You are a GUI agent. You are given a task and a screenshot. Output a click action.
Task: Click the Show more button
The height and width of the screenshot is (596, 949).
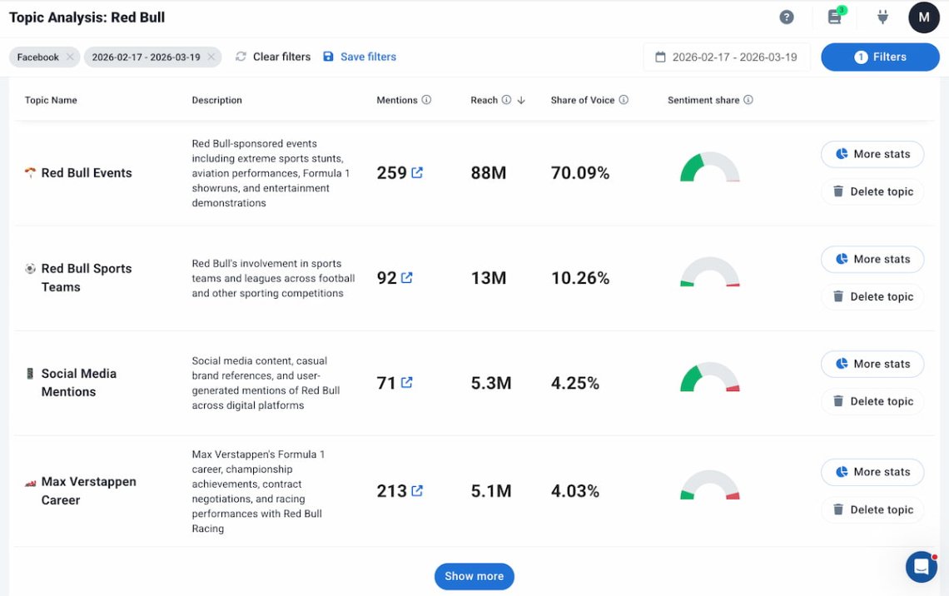[474, 576]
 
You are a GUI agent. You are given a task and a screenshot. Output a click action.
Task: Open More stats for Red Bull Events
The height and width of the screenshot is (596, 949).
[872, 154]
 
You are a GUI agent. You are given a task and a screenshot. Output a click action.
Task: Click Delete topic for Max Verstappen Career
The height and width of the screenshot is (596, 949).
[872, 509]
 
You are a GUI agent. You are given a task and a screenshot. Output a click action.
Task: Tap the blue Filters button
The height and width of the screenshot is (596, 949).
[880, 57]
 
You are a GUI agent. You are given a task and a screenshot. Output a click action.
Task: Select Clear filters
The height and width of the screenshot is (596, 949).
[273, 57]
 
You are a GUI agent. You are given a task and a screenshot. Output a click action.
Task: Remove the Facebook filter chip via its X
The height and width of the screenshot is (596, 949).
[70, 57]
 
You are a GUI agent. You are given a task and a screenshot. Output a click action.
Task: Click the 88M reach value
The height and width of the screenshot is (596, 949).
[489, 173]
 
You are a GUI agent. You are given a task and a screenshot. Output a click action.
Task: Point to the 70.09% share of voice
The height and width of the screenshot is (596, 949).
[580, 173]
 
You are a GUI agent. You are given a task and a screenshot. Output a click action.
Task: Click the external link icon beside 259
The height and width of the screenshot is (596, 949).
[417, 172]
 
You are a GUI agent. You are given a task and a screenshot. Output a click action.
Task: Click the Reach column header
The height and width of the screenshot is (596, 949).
[484, 100]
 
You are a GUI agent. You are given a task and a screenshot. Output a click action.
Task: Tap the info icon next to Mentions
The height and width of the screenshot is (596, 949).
[426, 100]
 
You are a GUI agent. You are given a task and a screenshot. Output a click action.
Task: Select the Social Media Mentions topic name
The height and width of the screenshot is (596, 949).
[78, 382]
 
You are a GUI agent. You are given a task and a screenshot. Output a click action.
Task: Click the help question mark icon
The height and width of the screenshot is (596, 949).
[786, 17]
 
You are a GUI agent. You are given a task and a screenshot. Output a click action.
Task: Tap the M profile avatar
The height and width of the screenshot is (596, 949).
[923, 17]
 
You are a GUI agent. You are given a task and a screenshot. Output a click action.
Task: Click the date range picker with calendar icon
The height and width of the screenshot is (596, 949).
[726, 57]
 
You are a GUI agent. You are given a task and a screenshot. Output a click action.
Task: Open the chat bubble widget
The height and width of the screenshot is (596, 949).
[921, 567]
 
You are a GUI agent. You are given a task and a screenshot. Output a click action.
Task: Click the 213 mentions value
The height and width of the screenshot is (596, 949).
[391, 491]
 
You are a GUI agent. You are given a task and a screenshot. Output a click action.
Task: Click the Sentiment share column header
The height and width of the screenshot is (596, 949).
[703, 100]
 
